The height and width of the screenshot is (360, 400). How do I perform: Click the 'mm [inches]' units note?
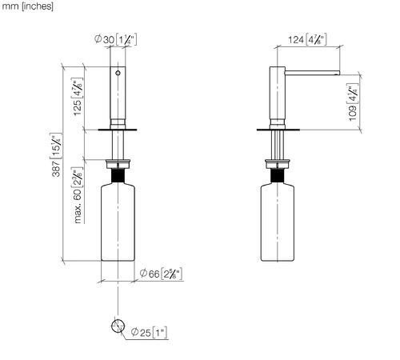[28, 6]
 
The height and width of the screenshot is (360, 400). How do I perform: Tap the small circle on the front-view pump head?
[118, 73]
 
